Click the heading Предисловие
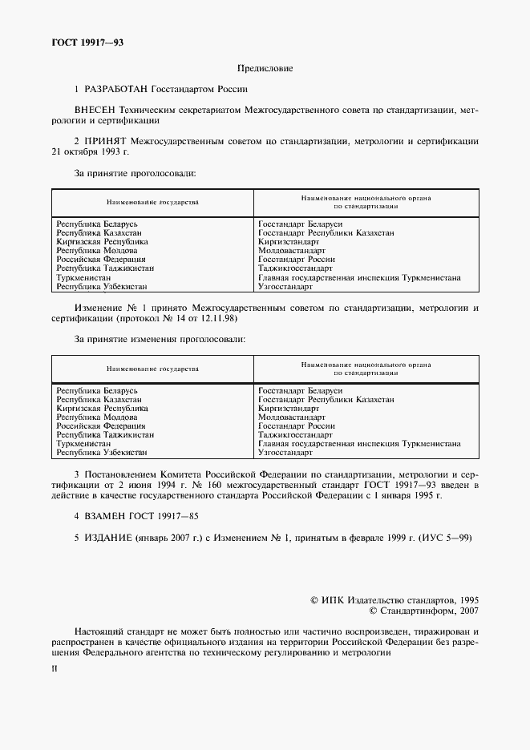click(265, 69)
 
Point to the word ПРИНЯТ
click(105, 141)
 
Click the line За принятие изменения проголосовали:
click(160, 338)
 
